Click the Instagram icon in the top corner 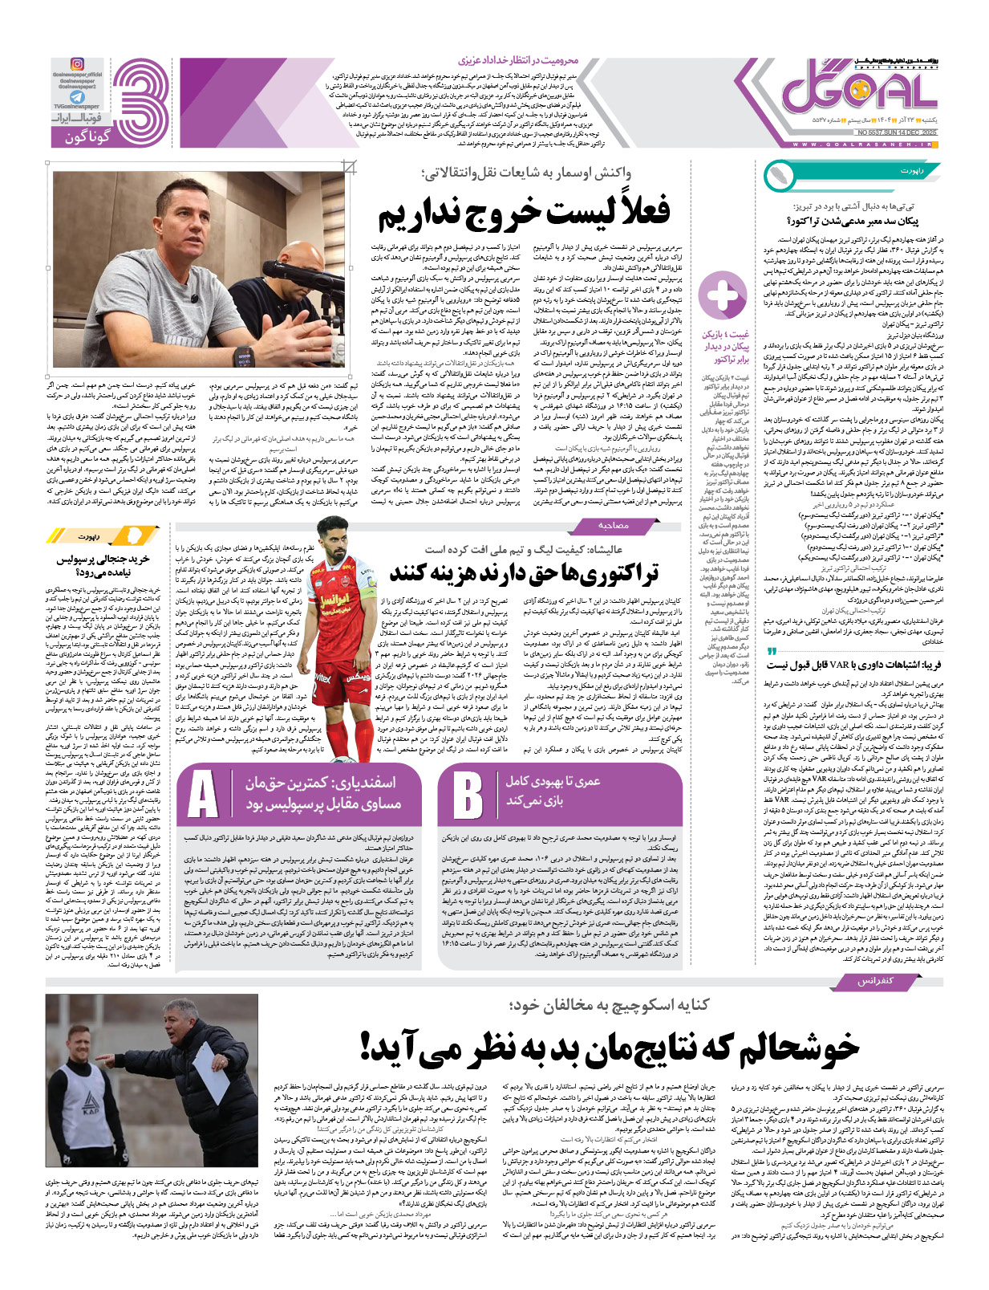[x=77, y=64]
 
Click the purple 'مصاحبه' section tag [x=613, y=525]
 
